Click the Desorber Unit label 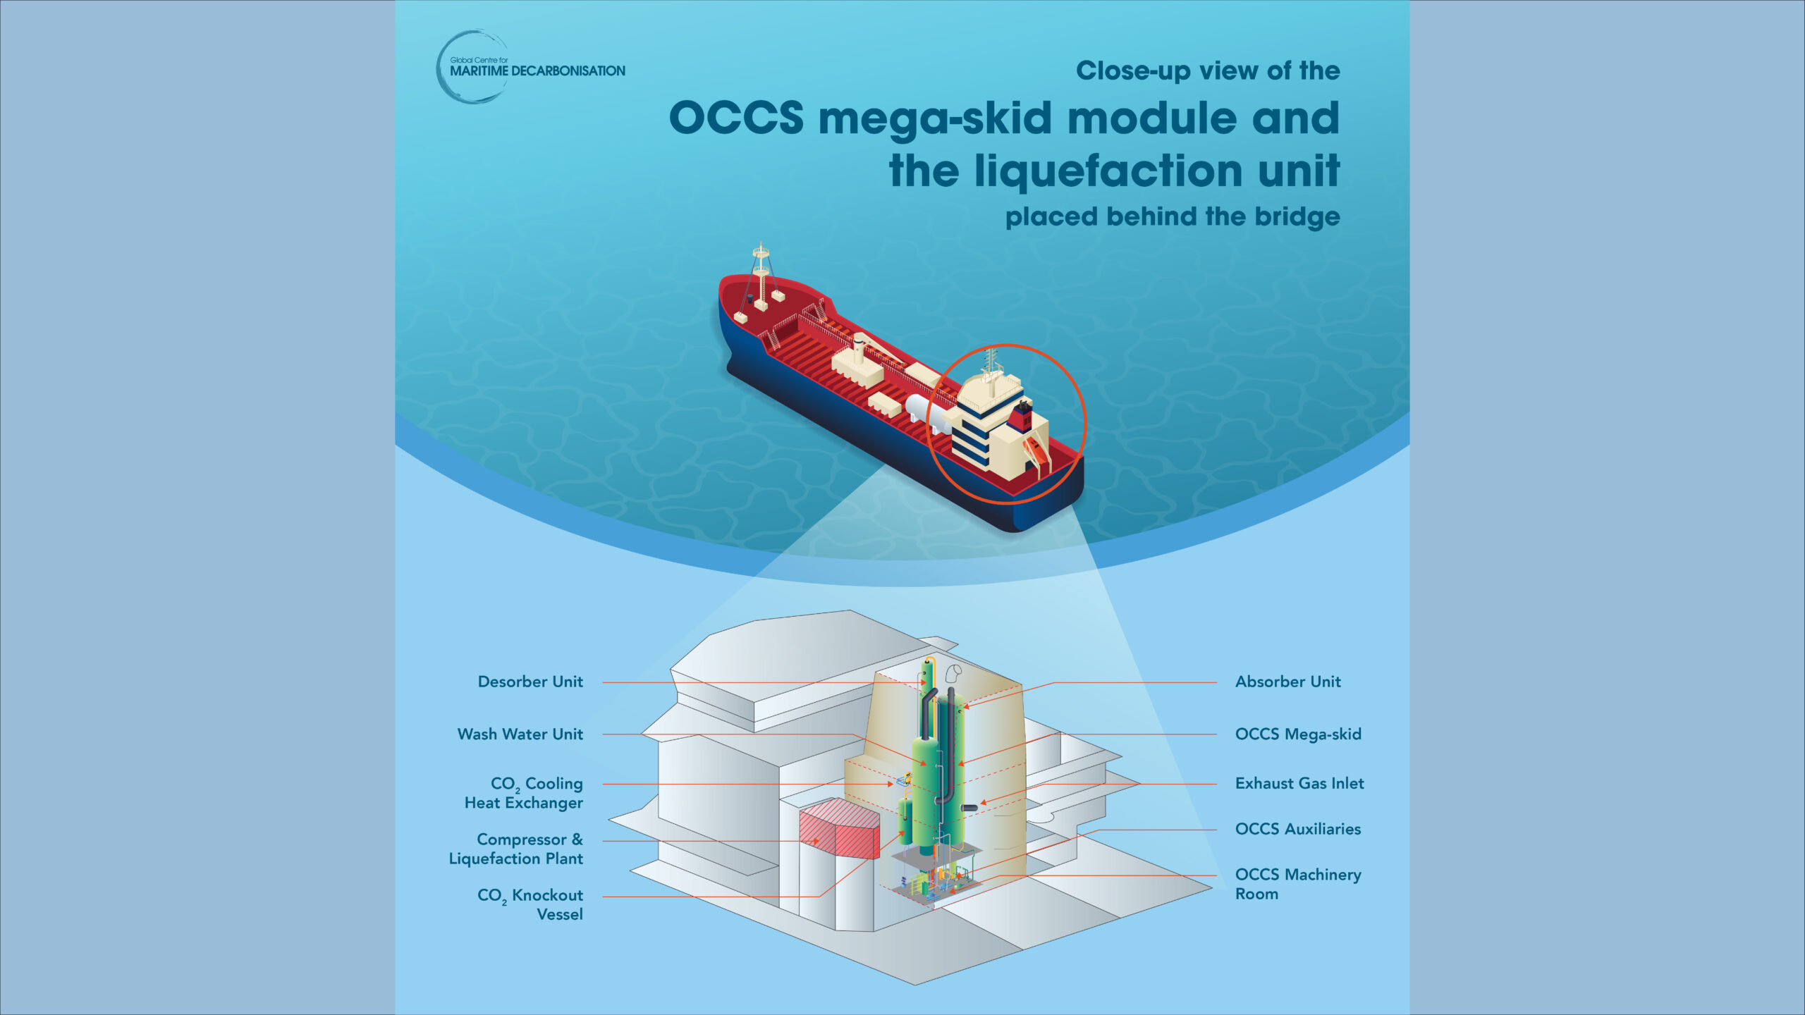tap(530, 682)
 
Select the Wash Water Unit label tap(520, 734)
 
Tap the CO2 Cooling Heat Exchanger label tap(525, 793)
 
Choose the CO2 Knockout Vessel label tap(531, 904)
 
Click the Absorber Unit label tap(1287, 682)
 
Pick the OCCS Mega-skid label tap(1298, 734)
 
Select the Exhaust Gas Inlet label tap(1299, 783)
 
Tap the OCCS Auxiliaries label tap(1298, 829)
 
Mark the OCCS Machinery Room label tap(1298, 884)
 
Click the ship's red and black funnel tap(1022, 416)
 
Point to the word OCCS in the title tap(735, 118)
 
